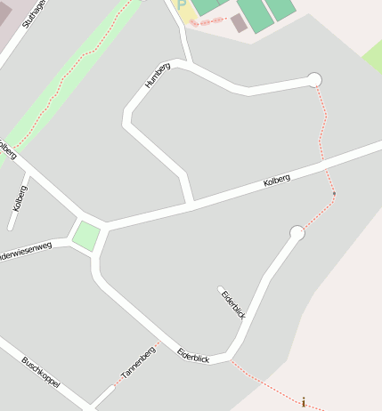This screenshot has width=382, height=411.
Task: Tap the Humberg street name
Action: (x=157, y=75)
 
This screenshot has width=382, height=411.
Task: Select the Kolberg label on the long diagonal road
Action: (x=277, y=181)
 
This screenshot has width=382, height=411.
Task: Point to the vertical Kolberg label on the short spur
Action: (x=20, y=197)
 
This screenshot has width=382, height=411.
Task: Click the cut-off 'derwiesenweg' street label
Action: (x=26, y=252)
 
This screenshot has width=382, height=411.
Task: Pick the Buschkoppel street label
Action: (x=41, y=372)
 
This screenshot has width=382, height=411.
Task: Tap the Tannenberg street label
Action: (x=138, y=362)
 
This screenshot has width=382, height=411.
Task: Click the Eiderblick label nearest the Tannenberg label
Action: (x=193, y=353)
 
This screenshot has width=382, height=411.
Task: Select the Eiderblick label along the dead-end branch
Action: (x=233, y=304)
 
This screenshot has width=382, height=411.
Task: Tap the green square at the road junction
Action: (x=86, y=237)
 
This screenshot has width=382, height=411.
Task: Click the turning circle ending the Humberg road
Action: (x=313, y=80)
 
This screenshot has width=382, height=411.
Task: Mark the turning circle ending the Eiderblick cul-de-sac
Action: (x=297, y=233)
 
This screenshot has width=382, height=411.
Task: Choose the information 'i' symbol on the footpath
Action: (x=304, y=403)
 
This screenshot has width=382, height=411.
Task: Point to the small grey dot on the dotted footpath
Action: (x=334, y=193)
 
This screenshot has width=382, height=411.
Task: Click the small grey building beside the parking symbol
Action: (x=239, y=23)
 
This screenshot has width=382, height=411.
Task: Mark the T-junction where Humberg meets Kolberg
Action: (x=190, y=204)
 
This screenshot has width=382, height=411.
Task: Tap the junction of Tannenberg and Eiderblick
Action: (x=161, y=343)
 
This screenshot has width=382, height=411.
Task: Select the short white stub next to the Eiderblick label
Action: (x=221, y=288)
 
